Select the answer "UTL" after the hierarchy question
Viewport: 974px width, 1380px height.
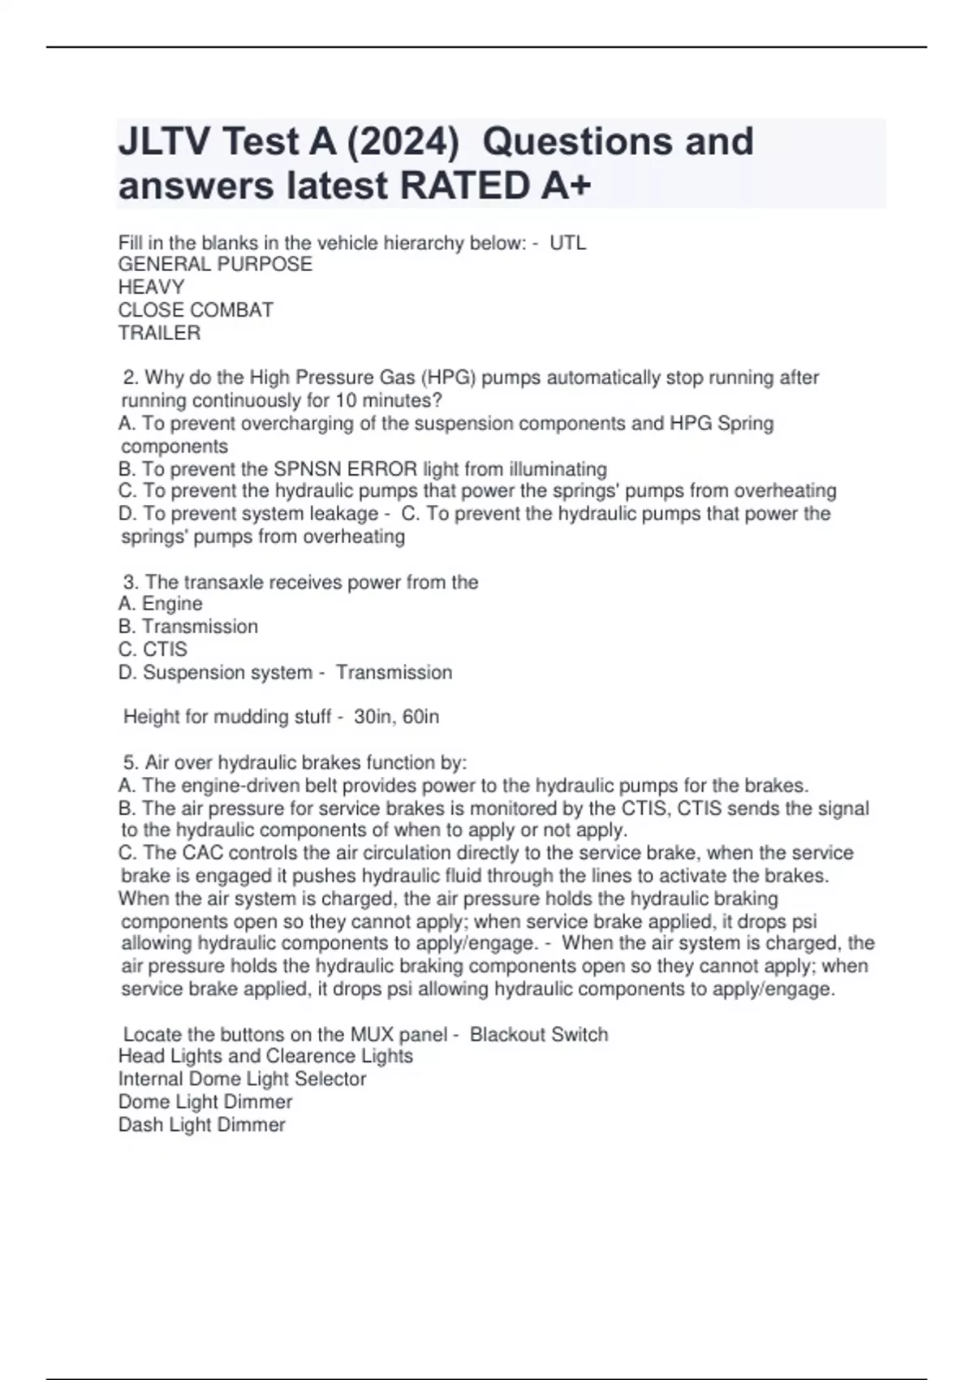[568, 243]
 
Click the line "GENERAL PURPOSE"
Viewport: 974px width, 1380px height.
[215, 265]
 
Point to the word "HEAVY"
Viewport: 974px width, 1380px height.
[151, 287]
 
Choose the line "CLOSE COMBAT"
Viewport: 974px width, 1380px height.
[196, 310]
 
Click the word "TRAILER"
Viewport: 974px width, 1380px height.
[159, 333]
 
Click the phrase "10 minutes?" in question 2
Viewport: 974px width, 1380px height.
[389, 400]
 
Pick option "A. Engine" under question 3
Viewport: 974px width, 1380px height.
[160, 604]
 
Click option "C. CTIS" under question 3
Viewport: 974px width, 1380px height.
[153, 649]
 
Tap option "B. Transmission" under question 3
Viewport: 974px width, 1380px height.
[188, 627]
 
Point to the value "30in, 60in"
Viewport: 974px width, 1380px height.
[397, 717]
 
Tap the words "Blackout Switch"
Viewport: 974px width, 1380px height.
[539, 1034]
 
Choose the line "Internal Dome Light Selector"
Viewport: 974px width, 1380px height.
[242, 1079]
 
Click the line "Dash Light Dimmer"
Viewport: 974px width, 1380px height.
[201, 1124]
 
